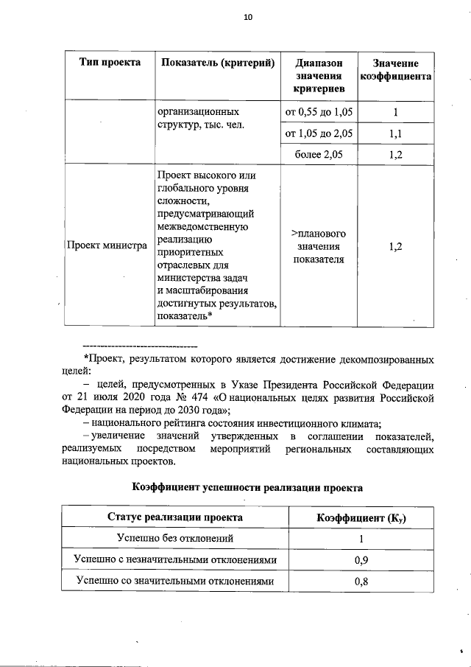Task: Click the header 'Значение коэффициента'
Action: pos(395,69)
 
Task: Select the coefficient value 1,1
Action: pos(395,133)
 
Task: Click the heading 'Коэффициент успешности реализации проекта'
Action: pos(247,487)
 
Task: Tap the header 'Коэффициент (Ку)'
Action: pos(361,517)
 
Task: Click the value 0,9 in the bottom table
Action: pos(361,560)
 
